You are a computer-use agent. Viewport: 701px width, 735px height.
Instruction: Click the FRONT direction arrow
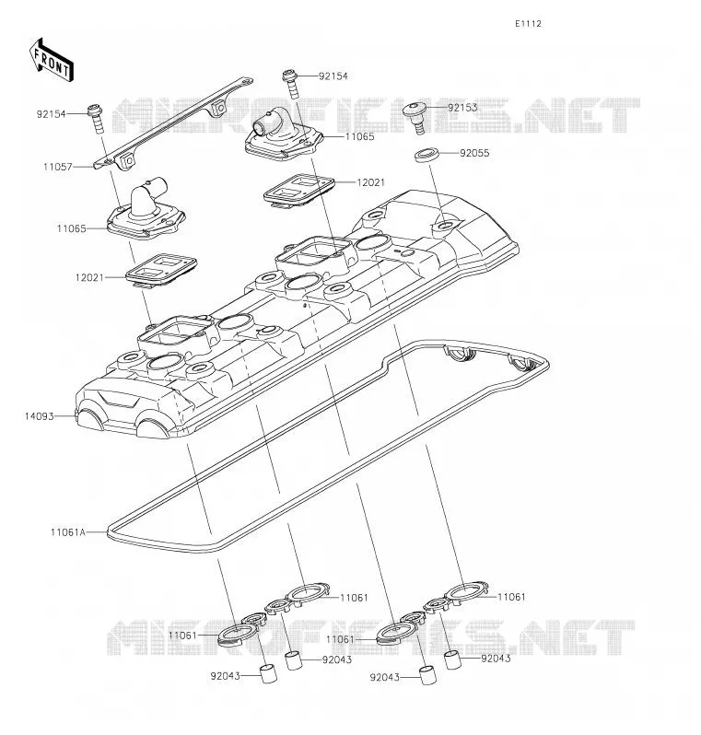click(x=51, y=60)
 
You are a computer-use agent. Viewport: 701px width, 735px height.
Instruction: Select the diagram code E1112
click(x=528, y=24)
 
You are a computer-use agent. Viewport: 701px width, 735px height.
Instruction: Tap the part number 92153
click(x=462, y=108)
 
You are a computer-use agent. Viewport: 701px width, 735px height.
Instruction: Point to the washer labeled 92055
click(x=426, y=154)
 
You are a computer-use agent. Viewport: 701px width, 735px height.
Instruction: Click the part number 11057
click(x=58, y=167)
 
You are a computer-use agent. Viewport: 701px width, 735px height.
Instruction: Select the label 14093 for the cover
click(x=40, y=416)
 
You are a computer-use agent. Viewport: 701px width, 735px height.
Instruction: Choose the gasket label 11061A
click(x=68, y=532)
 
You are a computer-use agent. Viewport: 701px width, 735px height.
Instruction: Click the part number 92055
click(x=474, y=153)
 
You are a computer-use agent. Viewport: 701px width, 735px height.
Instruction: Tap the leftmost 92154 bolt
click(x=96, y=119)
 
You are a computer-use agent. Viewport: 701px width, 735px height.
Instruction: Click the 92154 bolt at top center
click(x=291, y=85)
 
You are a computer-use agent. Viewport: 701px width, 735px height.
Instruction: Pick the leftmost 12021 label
click(x=89, y=277)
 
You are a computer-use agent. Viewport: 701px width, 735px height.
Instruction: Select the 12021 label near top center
click(x=371, y=182)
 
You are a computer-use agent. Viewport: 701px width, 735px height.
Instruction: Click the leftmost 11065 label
click(x=71, y=228)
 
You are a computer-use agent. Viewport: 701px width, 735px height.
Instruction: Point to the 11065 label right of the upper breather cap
click(x=359, y=137)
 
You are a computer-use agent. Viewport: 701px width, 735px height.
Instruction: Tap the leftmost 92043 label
click(x=225, y=676)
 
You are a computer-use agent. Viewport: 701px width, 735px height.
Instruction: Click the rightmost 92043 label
click(x=496, y=659)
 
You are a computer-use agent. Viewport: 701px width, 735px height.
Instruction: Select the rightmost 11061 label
click(x=511, y=597)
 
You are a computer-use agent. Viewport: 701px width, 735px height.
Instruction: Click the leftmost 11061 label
click(x=182, y=636)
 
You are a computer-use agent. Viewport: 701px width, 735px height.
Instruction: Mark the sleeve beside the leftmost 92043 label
click(x=269, y=673)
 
